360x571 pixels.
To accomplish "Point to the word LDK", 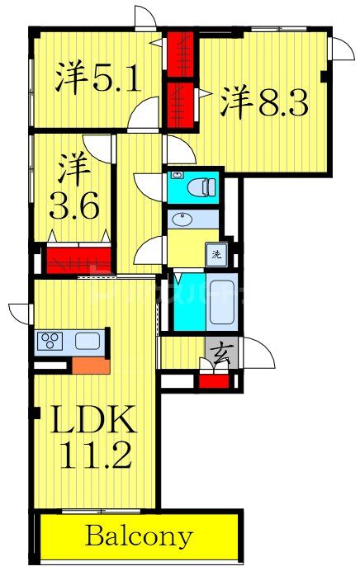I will pyautogui.click(x=93, y=423).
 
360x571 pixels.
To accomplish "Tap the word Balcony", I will pyautogui.click(x=138, y=537).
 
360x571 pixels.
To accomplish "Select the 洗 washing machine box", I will pyautogui.click(x=216, y=253).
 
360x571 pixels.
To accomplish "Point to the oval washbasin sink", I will pyautogui.click(x=181, y=220).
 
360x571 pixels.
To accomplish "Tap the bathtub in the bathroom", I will pyautogui.click(x=220, y=302).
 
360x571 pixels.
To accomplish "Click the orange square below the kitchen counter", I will pyautogui.click(x=89, y=365).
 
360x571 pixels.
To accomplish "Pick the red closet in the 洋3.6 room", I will pyautogui.click(x=78, y=260).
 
